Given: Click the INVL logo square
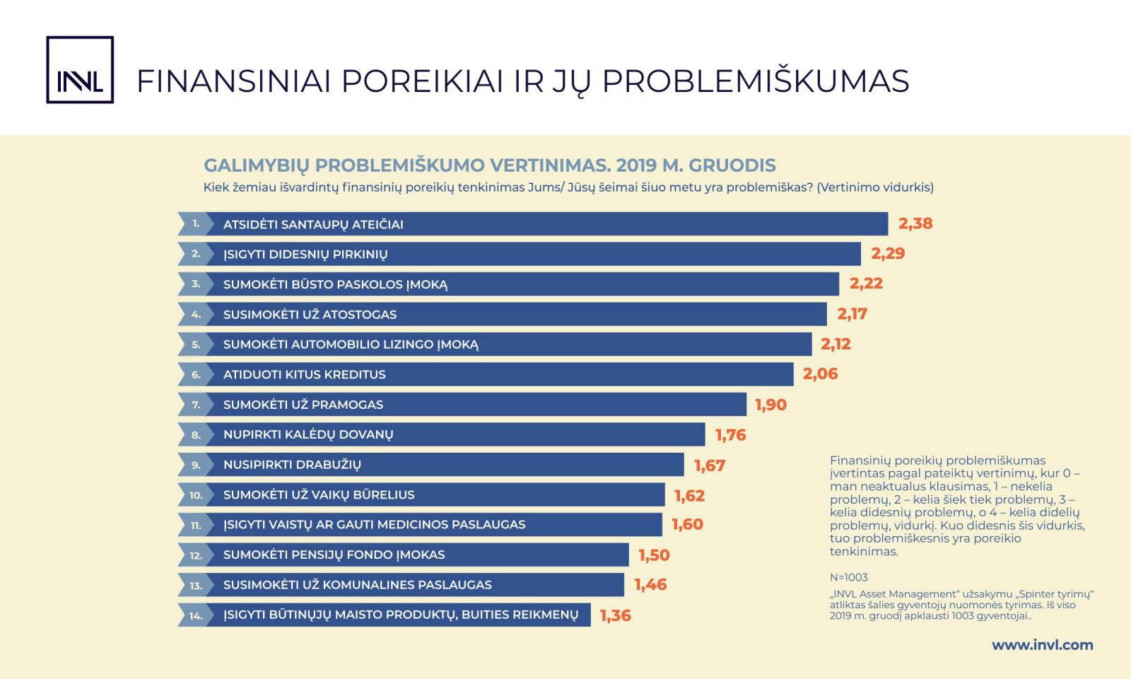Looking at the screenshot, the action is [x=80, y=70].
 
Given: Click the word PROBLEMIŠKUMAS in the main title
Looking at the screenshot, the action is [x=756, y=81].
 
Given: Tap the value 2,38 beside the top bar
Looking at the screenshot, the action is [x=915, y=224].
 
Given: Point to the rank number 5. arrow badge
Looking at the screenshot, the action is [x=196, y=344].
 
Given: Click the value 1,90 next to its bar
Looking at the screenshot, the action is [x=771, y=405].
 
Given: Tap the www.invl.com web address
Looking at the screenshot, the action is [x=1042, y=645].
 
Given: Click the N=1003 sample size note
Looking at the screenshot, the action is [x=849, y=577].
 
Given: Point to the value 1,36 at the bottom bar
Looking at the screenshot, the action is [x=616, y=615].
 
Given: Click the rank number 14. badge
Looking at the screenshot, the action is [x=196, y=615].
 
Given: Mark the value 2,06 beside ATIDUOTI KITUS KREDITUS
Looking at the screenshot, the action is [x=821, y=374].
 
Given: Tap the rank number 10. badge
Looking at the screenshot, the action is [x=196, y=494].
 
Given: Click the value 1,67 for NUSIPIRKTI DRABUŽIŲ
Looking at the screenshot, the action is [x=710, y=465].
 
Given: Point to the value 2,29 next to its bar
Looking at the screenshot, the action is [x=888, y=253].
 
